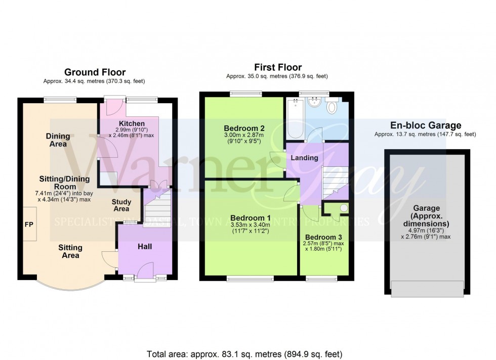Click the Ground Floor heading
(95, 72)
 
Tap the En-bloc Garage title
(425, 125)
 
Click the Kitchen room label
(132, 123)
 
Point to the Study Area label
(121, 206)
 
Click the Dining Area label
(58, 140)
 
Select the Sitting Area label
(70, 251)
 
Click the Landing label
(304, 158)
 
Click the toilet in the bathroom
(333, 107)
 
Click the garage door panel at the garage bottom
(427, 289)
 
